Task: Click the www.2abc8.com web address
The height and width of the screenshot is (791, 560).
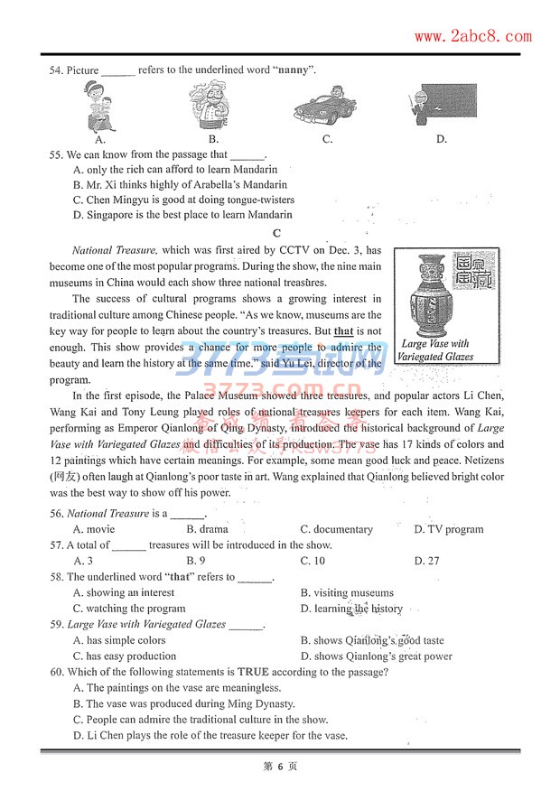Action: coord(472,36)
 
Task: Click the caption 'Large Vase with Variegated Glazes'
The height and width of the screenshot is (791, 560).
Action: coord(435,350)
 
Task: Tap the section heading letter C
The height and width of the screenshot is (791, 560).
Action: coord(277,233)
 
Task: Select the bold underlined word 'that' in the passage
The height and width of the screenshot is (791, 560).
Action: coord(343,331)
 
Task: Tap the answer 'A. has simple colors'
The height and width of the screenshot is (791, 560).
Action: coord(119,640)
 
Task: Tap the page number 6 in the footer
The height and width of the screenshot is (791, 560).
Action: coord(280,766)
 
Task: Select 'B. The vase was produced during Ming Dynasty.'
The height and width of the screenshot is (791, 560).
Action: coord(183,703)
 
